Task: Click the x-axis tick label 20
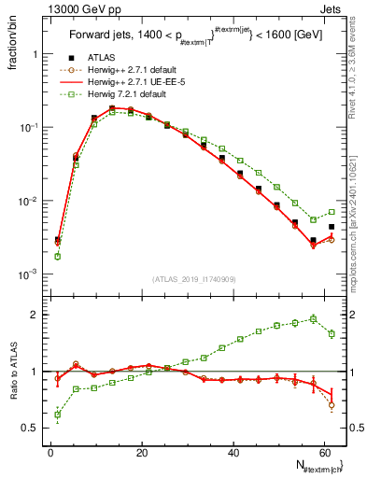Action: pyautogui.click(x=141, y=453)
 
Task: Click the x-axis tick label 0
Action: pyautogui.click(x=51, y=453)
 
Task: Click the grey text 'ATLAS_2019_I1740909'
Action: pyautogui.click(x=195, y=279)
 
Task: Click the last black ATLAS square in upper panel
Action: pyautogui.click(x=332, y=227)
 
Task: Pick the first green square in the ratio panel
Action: pyautogui.click(x=58, y=415)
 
